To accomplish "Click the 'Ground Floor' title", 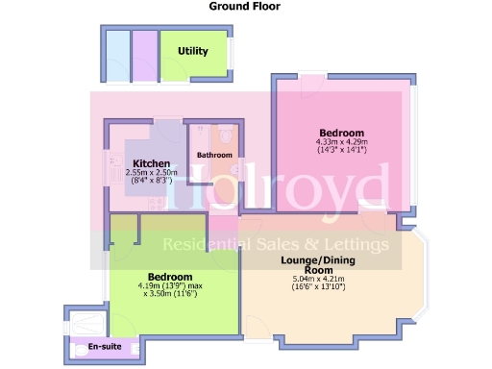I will [x=245, y=6].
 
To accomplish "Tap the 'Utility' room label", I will [x=192, y=51].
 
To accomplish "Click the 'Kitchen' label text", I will [x=152, y=162].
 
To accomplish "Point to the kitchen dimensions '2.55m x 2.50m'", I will [x=152, y=171].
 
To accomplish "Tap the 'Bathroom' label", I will [x=214, y=155].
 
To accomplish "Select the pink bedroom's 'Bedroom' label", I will [x=341, y=133].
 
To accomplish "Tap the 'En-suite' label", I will [x=105, y=345].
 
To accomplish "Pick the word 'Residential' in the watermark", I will [x=205, y=244].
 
